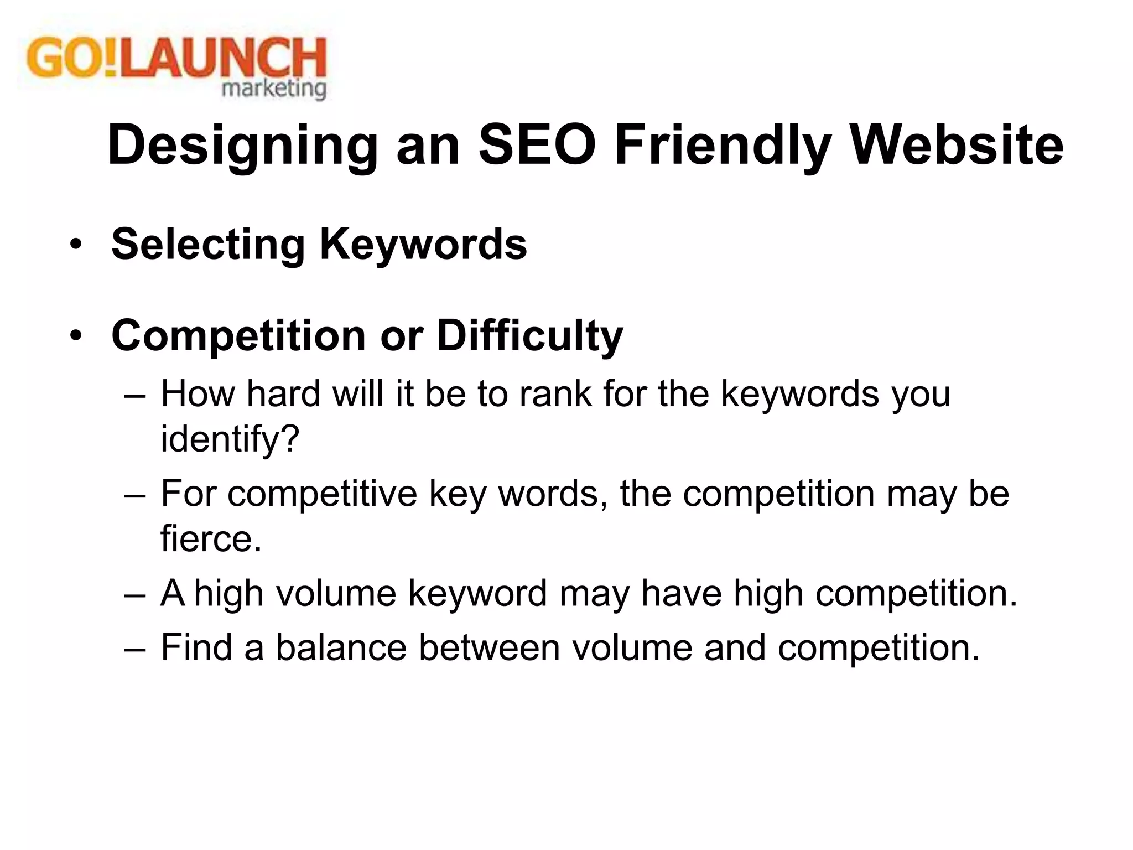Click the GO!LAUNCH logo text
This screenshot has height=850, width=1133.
point(176,59)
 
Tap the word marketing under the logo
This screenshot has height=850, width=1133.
point(274,89)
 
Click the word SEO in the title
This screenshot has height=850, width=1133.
point(537,145)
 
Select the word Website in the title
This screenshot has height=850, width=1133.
point(957,145)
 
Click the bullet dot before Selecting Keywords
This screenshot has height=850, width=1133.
point(76,245)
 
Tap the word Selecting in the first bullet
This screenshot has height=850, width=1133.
point(208,245)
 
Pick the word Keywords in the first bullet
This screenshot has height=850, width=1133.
point(423,245)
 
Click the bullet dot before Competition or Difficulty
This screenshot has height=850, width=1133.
point(76,336)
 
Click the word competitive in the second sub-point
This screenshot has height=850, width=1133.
point(322,494)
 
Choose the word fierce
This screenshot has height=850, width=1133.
point(211,538)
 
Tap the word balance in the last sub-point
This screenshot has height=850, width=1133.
point(341,647)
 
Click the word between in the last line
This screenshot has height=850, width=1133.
point(489,647)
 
